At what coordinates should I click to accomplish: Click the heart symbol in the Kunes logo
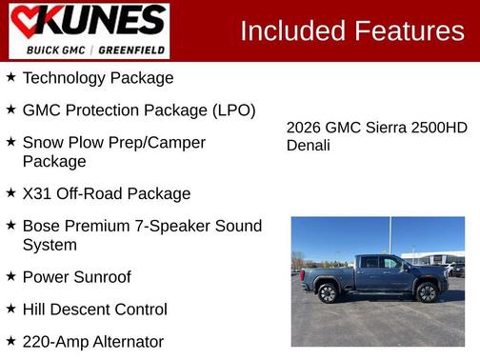point(29,22)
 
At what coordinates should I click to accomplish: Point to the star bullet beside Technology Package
point(10,77)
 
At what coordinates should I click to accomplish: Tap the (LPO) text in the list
point(233,110)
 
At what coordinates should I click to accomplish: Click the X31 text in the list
point(40,193)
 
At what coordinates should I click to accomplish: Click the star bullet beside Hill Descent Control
point(10,309)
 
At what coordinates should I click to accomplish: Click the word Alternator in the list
point(130,342)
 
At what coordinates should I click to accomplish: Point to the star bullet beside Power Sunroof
point(10,276)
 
